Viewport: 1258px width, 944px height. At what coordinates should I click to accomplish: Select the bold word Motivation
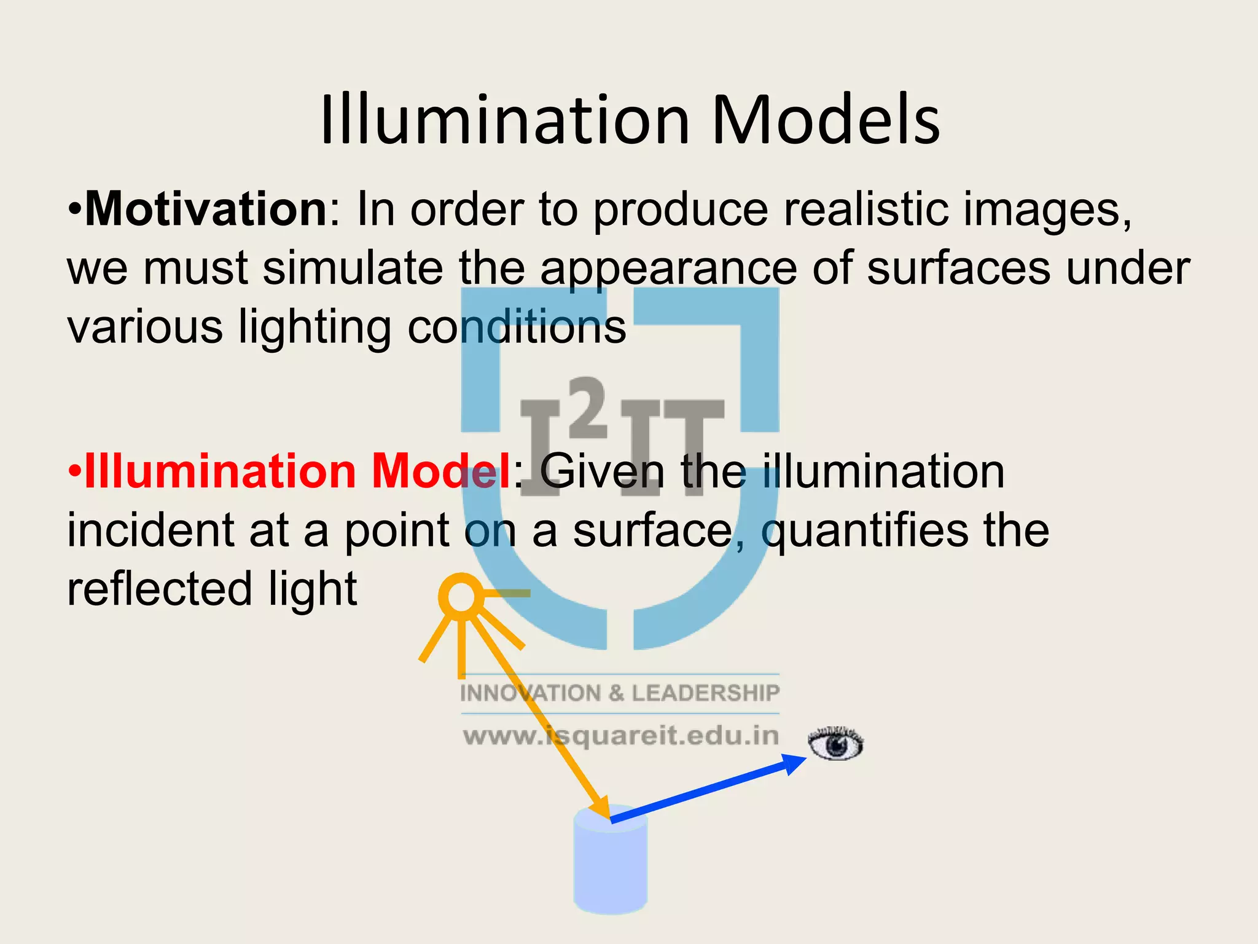tap(206, 210)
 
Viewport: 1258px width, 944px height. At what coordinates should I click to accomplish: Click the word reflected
tap(160, 589)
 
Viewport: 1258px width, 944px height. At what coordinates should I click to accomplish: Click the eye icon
tap(835, 744)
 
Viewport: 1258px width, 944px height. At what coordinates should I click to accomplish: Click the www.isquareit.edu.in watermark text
tap(620, 736)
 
